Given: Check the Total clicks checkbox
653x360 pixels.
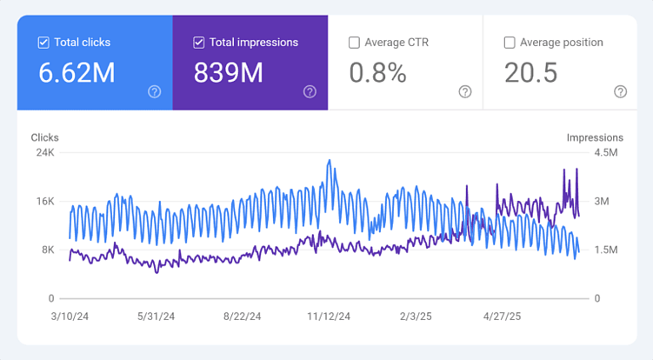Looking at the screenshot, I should tap(43, 42).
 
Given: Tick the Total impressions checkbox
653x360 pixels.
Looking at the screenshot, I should tap(199, 42).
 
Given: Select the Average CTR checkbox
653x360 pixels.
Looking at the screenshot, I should tap(354, 42).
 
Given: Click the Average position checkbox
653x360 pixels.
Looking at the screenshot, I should tap(510, 42).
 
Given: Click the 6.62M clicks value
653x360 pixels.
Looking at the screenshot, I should tap(77, 73).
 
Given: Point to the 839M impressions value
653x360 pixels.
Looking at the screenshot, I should tap(228, 73).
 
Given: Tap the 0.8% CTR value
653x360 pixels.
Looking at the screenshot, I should tap(377, 73).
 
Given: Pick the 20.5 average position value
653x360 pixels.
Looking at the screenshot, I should tap(531, 73).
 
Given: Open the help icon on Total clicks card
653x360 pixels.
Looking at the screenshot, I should tap(154, 91).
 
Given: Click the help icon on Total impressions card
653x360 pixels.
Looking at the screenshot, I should tap(310, 91).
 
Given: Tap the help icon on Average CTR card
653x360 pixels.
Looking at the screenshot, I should tap(464, 91).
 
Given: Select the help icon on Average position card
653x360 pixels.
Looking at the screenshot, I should tap(620, 91).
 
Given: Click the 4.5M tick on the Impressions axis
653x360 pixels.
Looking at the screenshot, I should tap(605, 152).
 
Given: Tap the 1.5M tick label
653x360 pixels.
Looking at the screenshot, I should tap(605, 250).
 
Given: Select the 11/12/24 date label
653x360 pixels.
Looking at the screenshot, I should tap(330, 317).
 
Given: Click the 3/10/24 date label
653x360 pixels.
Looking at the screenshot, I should tap(70, 317).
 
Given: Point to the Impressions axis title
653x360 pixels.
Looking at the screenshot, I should tap(595, 137).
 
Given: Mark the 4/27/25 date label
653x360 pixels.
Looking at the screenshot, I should tap(502, 317).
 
